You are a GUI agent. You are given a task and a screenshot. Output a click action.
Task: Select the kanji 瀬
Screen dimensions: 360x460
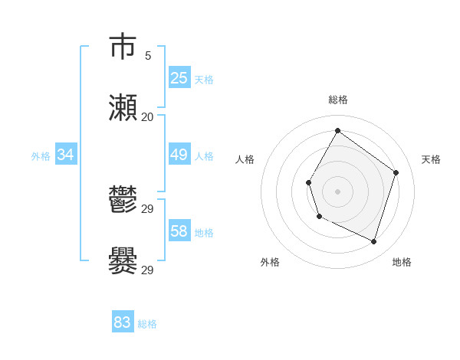click(123, 108)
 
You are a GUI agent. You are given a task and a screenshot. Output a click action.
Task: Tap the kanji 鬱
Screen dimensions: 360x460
click(123, 200)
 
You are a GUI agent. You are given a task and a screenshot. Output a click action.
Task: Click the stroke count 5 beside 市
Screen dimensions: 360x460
click(148, 56)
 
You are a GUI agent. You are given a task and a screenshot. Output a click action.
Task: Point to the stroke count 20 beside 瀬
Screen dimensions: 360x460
click(148, 117)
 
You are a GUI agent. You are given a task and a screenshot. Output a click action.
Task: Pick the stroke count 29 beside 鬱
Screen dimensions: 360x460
click(148, 209)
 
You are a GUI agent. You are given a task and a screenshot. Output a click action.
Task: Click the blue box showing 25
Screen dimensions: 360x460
click(179, 77)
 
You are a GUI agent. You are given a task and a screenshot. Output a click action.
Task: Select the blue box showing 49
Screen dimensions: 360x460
click(179, 155)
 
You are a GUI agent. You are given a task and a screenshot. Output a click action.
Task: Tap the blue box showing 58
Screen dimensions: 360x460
click(179, 231)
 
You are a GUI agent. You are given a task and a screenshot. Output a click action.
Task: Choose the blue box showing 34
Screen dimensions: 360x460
click(66, 155)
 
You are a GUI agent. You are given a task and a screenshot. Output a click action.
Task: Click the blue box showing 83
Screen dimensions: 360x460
click(123, 322)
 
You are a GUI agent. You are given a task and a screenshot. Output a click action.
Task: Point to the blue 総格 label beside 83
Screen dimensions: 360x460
click(147, 324)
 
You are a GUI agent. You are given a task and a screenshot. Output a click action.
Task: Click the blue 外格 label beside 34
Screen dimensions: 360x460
click(41, 156)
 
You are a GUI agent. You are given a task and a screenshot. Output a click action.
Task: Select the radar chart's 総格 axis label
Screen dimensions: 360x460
click(338, 100)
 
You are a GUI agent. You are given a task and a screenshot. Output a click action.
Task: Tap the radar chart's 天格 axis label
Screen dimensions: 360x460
click(431, 159)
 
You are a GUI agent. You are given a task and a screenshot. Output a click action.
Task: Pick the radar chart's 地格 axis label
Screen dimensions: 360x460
click(402, 262)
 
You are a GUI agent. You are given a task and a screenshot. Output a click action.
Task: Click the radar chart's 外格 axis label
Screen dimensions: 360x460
click(270, 262)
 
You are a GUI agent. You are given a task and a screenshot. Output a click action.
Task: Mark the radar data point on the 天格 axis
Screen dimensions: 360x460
click(396, 172)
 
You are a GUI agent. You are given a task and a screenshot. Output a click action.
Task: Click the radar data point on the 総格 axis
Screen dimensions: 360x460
click(337, 130)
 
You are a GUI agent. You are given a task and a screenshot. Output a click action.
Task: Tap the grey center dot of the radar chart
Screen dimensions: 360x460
click(337, 191)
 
